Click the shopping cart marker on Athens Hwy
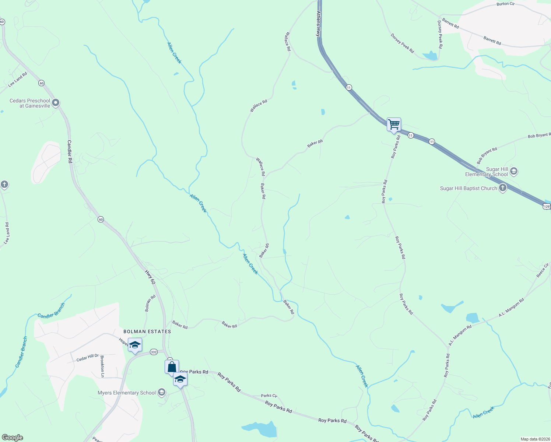pyautogui.click(x=394, y=125)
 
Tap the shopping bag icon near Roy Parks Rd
pyautogui.click(x=172, y=367)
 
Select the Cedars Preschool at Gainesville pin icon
pyautogui.click(x=56, y=103)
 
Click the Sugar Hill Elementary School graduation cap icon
pyautogui.click(x=514, y=171)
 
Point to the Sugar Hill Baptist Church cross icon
pyautogui.click(x=503, y=188)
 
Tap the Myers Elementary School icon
pyautogui.click(x=161, y=393)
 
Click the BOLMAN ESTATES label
pyautogui.click(x=147, y=331)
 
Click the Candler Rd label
pyautogui.click(x=69, y=151)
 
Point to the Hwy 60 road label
pyautogui.click(x=150, y=277)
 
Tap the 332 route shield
pyautogui.click(x=154, y=352)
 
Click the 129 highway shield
pyautogui.click(x=547, y=207)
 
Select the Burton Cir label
pyautogui.click(x=505, y=4)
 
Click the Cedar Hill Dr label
pyautogui.click(x=88, y=357)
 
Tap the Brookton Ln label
pyautogui.click(x=102, y=366)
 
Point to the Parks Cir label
pyautogui.click(x=269, y=396)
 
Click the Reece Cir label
pyautogui.click(x=543, y=270)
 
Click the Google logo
pyautogui.click(x=13, y=438)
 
